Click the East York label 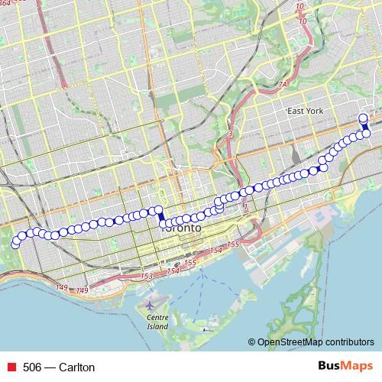click(x=306, y=112)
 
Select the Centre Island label click(x=157, y=321)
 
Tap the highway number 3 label click(x=229, y=134)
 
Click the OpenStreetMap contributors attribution click(x=316, y=342)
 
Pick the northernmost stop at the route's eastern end click(x=363, y=118)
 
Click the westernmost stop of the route click(x=15, y=244)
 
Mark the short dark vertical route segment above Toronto click(x=160, y=217)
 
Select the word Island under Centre click(x=157, y=326)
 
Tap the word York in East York click(x=317, y=112)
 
